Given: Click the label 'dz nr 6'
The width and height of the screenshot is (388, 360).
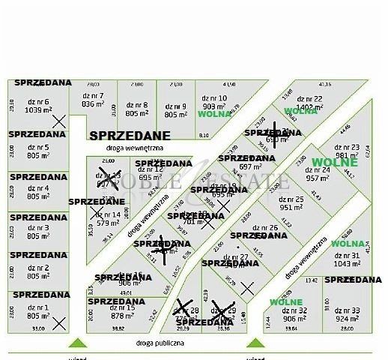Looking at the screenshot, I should coord(37,101).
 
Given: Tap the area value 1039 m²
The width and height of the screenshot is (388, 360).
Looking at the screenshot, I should coord(37,110).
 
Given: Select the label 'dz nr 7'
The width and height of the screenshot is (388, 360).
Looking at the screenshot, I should coord(93,95).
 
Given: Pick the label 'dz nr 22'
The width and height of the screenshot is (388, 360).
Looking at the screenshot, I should coord(309,98).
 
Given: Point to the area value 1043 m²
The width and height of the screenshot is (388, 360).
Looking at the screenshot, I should coord(346,264).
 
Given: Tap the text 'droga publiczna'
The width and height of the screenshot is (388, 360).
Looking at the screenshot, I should coord(160,342).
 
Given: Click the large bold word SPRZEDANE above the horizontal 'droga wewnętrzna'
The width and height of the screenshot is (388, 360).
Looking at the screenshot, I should coord(130,136).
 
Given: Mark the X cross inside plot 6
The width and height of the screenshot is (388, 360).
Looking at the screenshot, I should coord(59,120).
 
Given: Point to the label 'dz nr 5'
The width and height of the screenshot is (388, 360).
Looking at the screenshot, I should coord(37,148).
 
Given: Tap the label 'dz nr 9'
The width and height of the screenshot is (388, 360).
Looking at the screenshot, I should coord(175,106).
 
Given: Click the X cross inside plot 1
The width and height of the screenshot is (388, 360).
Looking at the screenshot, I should coord(59,322).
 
